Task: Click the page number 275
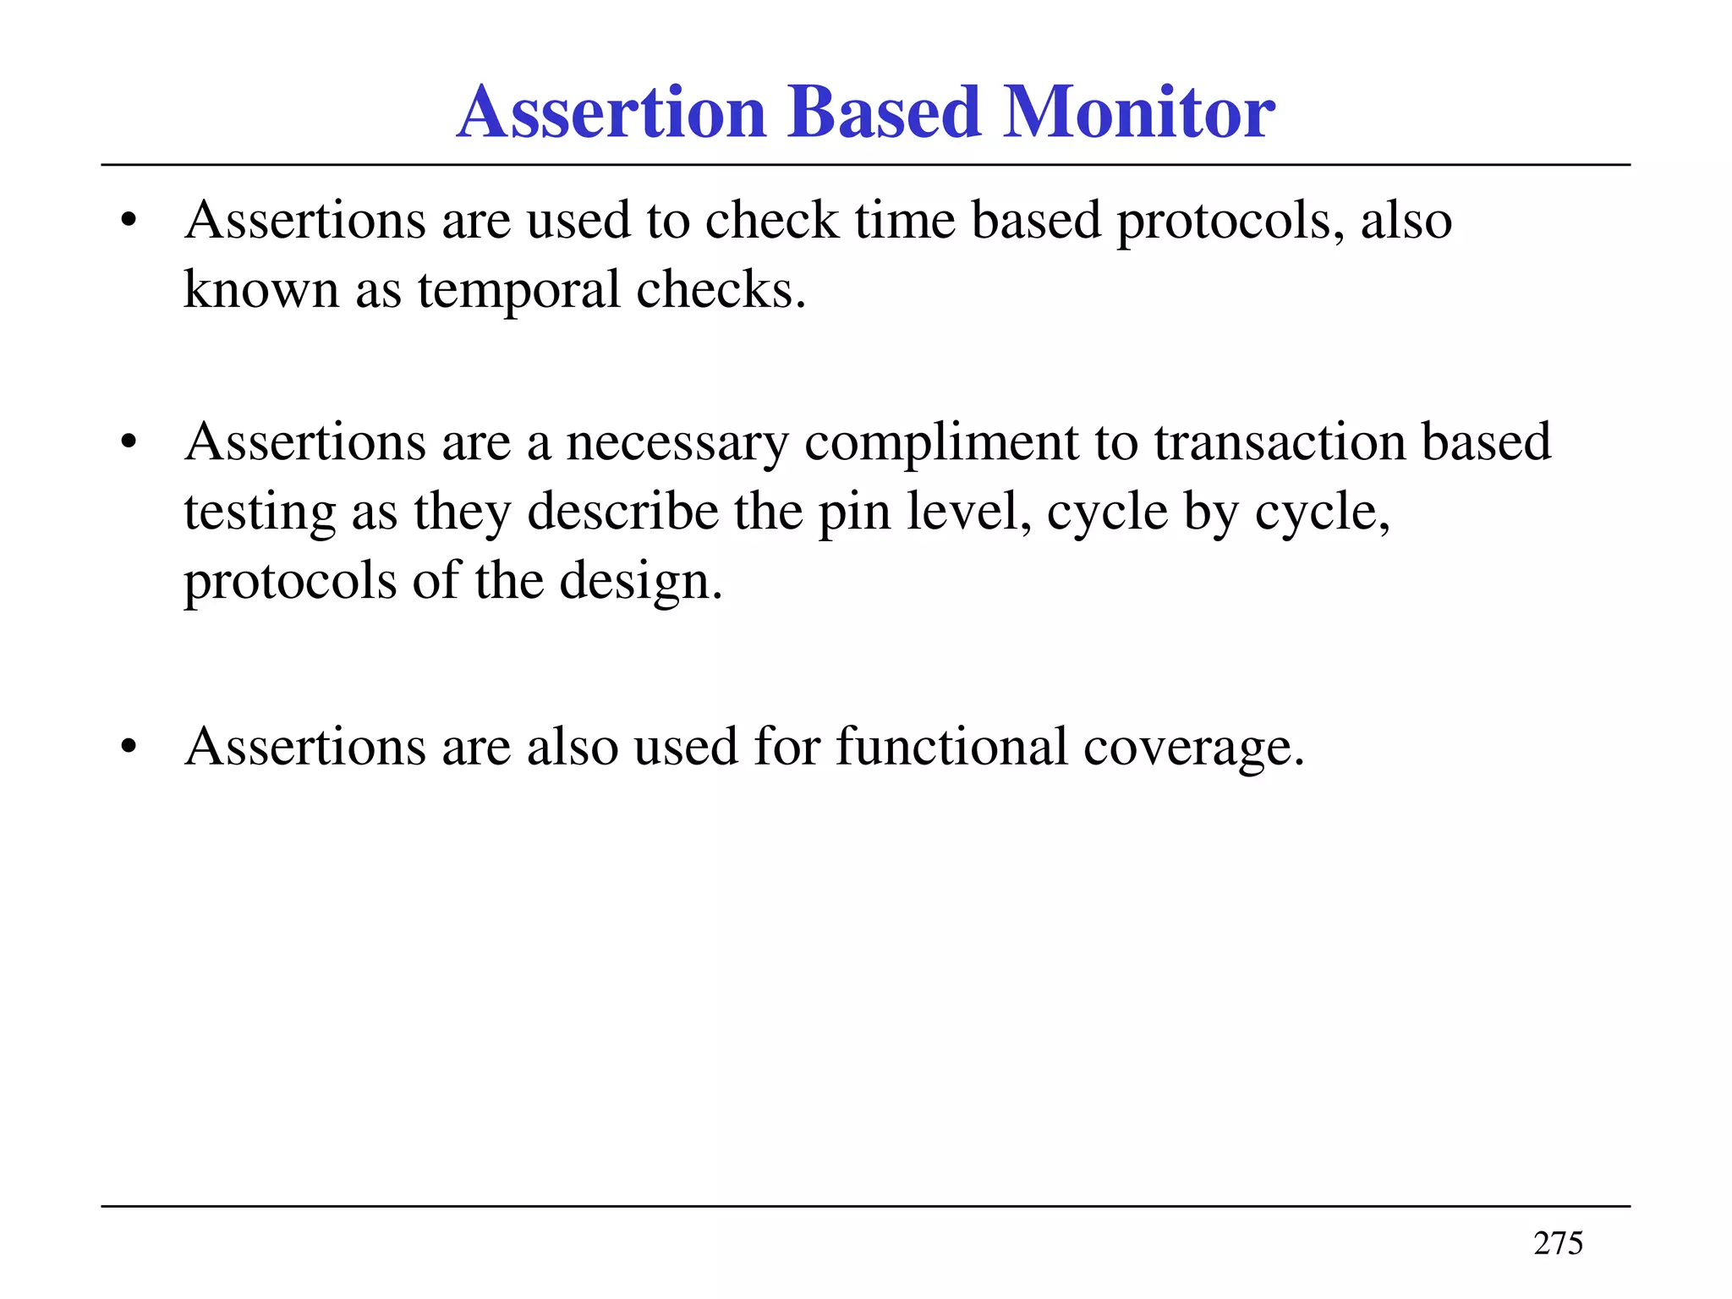click(x=1558, y=1243)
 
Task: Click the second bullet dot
click(x=129, y=442)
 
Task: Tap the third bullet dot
click(x=129, y=748)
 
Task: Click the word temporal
click(x=518, y=290)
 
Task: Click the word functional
click(x=951, y=747)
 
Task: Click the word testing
click(x=260, y=513)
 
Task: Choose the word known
click(x=260, y=290)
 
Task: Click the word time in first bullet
click(x=904, y=221)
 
